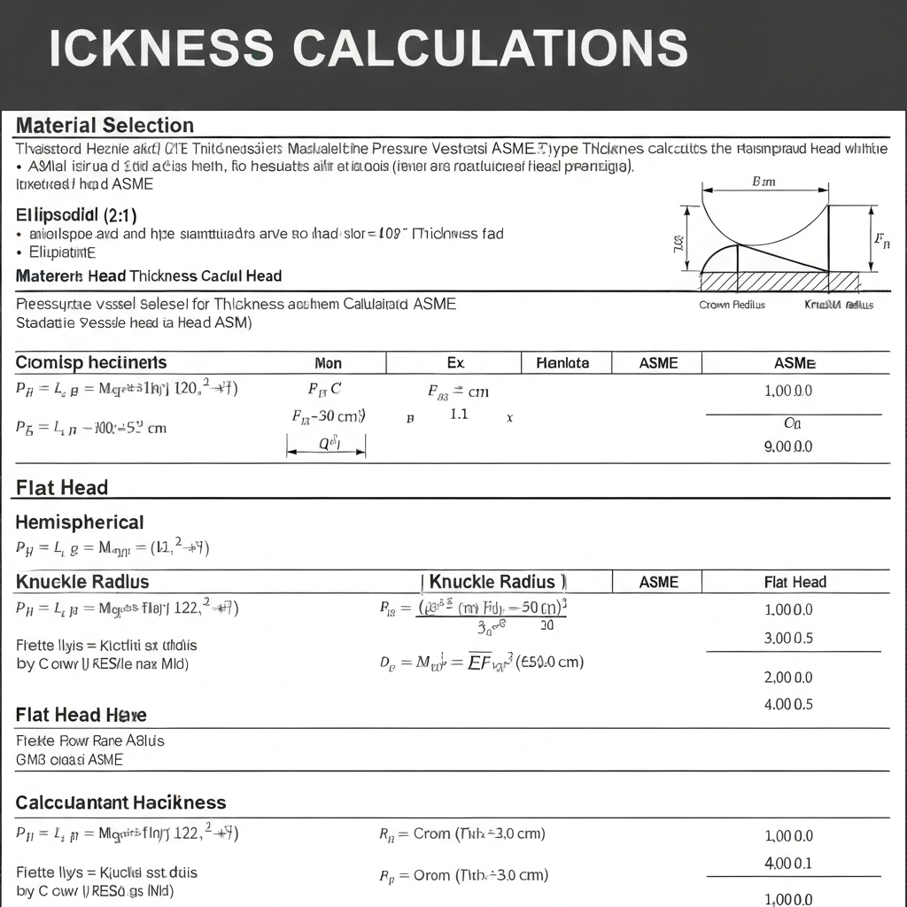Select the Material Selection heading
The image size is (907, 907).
click(x=105, y=125)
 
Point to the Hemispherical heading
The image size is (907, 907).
click(x=80, y=522)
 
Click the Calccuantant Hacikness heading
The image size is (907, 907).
click(x=120, y=802)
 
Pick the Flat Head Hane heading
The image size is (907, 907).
click(x=81, y=715)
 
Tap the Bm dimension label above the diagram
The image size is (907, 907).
click(x=763, y=182)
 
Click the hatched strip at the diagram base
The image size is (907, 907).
click(x=779, y=281)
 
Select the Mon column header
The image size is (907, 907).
click(x=329, y=363)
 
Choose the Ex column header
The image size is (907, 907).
click(x=455, y=363)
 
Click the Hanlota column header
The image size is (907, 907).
click(x=562, y=363)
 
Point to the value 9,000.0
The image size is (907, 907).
click(x=787, y=446)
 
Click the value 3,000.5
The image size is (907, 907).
click(x=787, y=638)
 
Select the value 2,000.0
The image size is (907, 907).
click(x=787, y=678)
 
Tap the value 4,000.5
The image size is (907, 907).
click(x=787, y=705)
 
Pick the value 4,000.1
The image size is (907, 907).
click(x=787, y=863)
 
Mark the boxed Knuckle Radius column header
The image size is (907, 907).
click(x=492, y=582)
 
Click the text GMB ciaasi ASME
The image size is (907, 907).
click(x=70, y=759)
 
